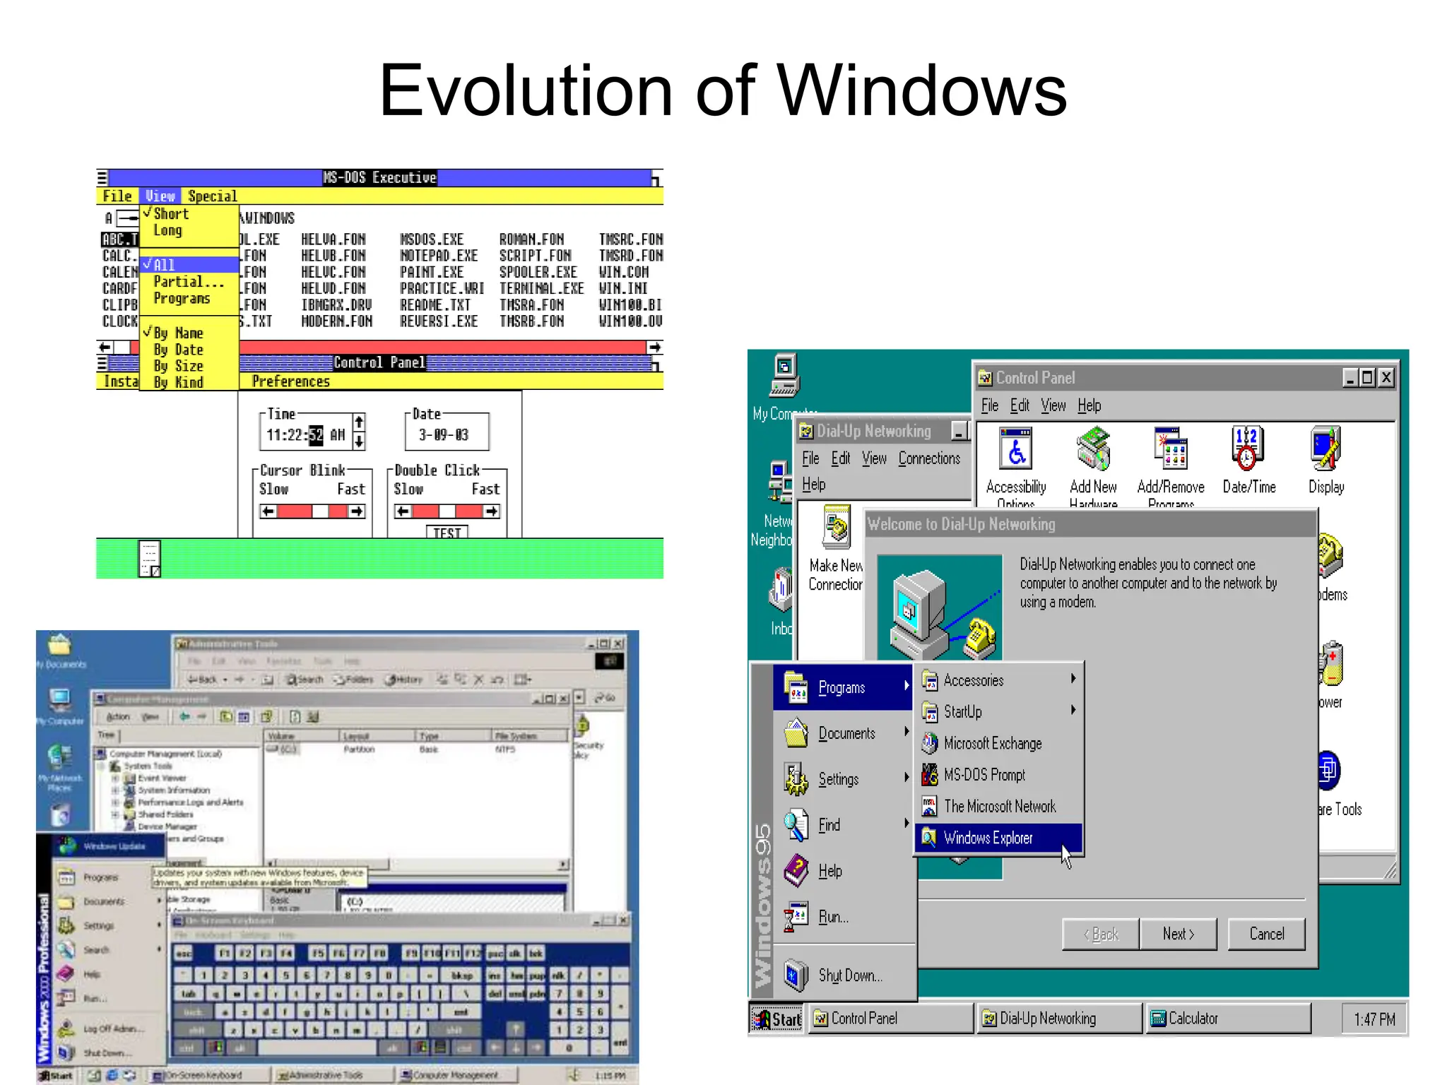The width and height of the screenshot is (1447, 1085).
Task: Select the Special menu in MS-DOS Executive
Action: click(x=212, y=196)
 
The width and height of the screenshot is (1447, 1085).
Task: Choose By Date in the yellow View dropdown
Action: click(x=179, y=350)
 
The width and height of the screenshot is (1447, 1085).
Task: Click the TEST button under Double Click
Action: click(x=447, y=533)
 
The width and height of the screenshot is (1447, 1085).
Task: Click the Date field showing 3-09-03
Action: click(x=444, y=434)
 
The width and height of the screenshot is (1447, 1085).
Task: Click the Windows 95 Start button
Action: click(x=776, y=1019)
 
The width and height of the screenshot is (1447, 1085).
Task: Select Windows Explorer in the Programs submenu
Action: click(x=988, y=838)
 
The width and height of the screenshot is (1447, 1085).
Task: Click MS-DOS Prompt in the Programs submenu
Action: click(x=984, y=775)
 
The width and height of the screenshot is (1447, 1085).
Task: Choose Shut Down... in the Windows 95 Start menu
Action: click(x=850, y=976)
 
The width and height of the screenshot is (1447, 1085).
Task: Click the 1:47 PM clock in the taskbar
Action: click(x=1374, y=1019)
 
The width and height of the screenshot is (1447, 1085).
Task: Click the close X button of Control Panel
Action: click(x=1386, y=378)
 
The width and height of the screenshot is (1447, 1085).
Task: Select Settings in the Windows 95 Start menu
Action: click(x=838, y=779)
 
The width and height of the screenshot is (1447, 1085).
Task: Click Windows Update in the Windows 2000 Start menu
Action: click(x=113, y=846)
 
